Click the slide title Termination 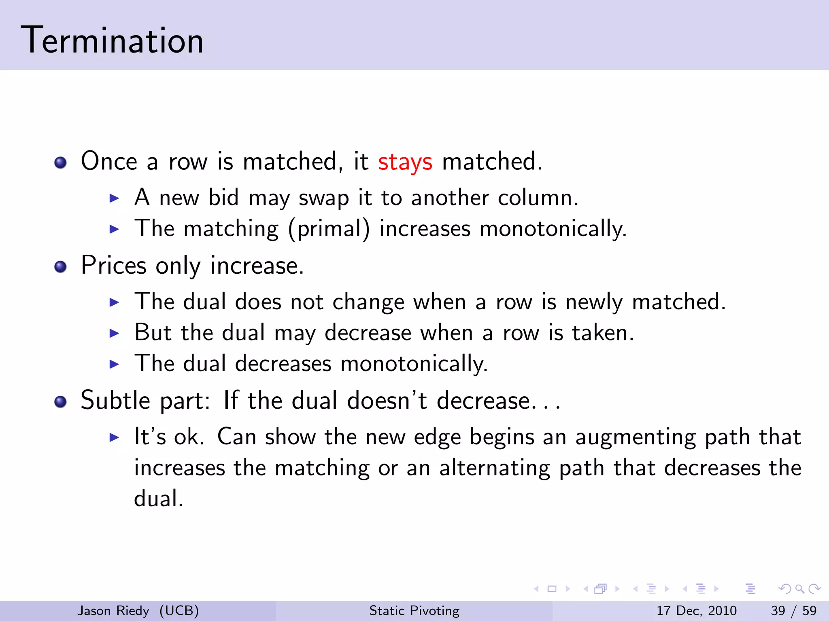(112, 40)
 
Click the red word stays (405, 162)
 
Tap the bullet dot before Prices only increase (60, 267)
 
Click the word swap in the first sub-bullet (323, 199)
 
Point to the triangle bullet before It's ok (115, 437)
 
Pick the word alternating (494, 468)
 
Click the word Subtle (115, 401)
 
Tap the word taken (602, 333)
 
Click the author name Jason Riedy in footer (113, 610)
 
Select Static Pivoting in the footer (414, 610)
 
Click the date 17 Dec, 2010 (696, 610)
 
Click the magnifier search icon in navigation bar (799, 589)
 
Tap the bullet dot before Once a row (60, 163)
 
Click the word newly (593, 302)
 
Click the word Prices (113, 266)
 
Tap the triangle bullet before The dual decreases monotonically (115, 364)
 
